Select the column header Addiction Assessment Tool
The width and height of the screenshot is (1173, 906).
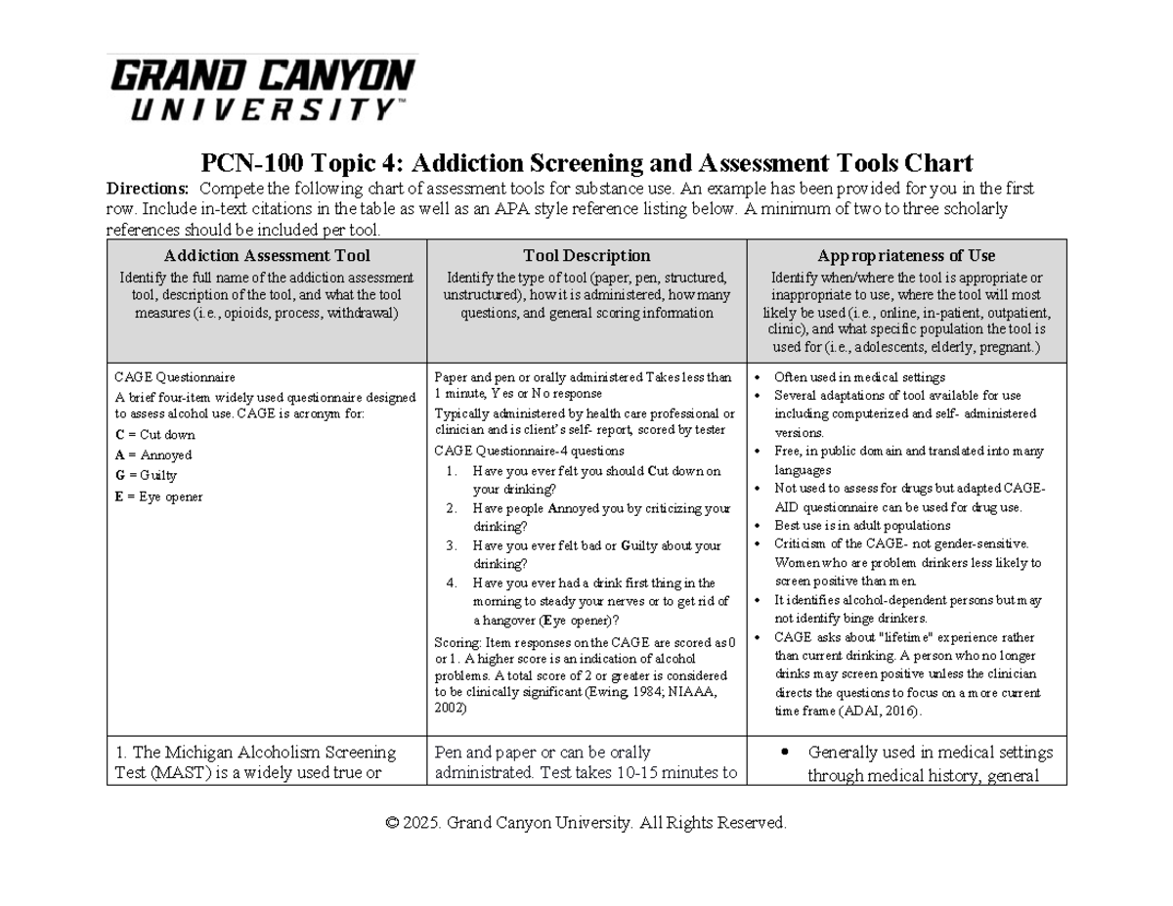coord(267,256)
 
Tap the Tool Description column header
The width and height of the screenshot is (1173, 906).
coord(586,256)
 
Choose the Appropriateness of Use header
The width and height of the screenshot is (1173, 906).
coord(906,256)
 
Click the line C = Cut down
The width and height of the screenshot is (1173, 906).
coord(154,435)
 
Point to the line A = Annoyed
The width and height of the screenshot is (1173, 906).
coord(153,455)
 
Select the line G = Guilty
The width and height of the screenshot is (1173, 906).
coord(146,476)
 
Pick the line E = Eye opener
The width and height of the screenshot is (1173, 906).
coord(158,496)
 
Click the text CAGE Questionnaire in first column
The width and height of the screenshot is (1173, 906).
coord(175,377)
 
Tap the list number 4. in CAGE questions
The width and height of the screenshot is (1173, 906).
coord(452,583)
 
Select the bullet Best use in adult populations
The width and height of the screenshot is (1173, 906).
coord(847,526)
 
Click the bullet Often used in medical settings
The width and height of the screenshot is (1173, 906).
coord(859,377)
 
